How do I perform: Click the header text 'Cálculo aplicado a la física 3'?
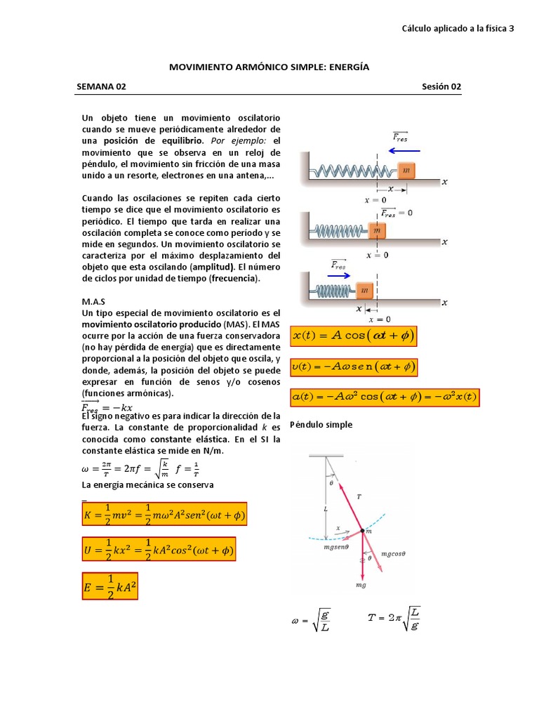pyautogui.click(x=458, y=29)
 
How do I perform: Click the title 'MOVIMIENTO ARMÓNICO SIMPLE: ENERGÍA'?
pyautogui.click(x=269, y=67)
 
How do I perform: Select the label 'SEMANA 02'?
pyautogui.click(x=101, y=87)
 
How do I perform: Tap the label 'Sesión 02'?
pyautogui.click(x=441, y=87)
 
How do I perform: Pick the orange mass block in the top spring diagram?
pyautogui.click(x=407, y=170)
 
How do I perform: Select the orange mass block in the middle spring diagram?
pyautogui.click(x=377, y=230)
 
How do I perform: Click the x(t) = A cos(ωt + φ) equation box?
pyautogui.click(x=354, y=336)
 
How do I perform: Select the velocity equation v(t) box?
pyautogui.click(x=354, y=367)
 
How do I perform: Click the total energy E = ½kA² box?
pyautogui.click(x=110, y=586)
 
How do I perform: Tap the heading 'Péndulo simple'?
pyautogui.click(x=321, y=425)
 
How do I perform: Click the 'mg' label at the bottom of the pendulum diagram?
pyautogui.click(x=361, y=584)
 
